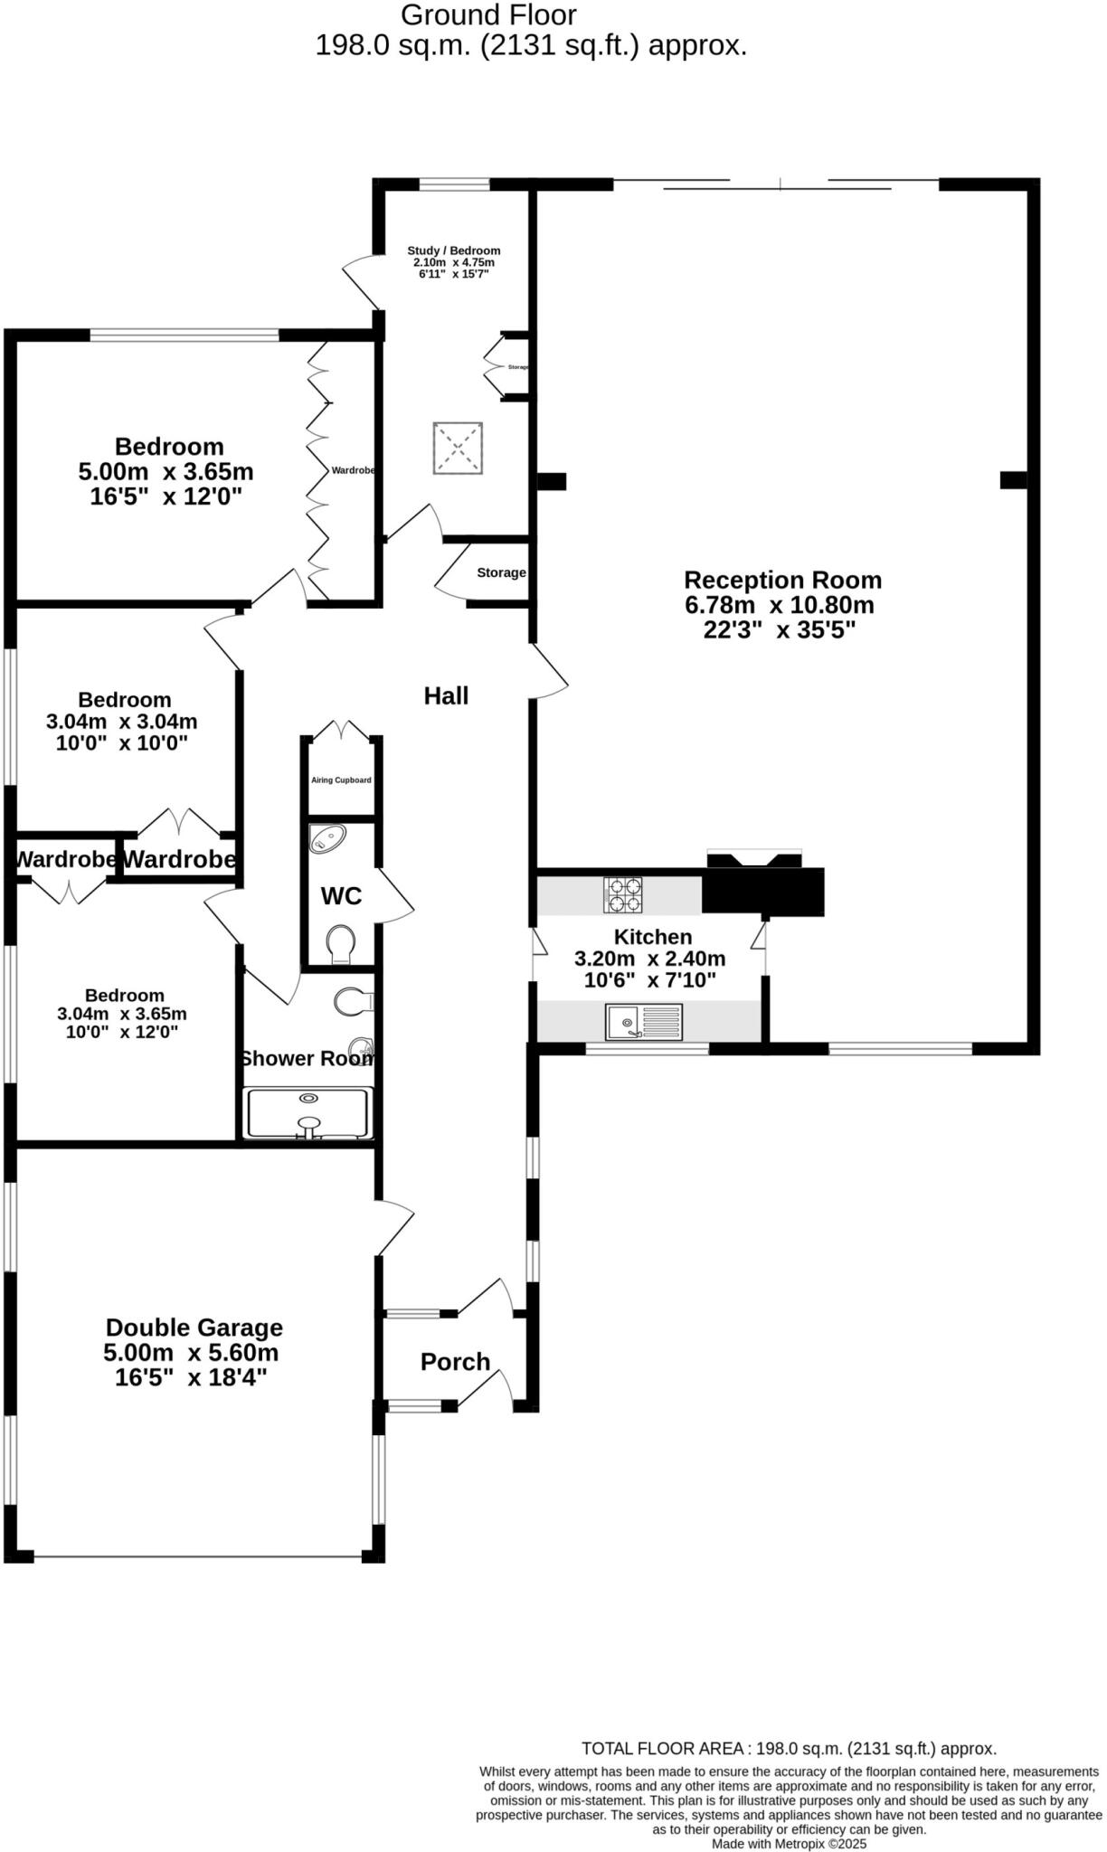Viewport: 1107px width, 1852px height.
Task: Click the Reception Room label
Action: pyautogui.click(x=782, y=580)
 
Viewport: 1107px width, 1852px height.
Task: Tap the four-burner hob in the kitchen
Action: pyautogui.click(x=623, y=894)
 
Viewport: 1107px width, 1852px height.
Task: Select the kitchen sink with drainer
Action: pyautogui.click(x=644, y=1023)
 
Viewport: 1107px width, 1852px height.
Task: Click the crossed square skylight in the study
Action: pyautogui.click(x=457, y=448)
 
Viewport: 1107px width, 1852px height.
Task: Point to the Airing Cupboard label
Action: pyautogui.click(x=341, y=780)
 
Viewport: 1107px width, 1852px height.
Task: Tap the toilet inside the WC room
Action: pyautogui.click(x=341, y=943)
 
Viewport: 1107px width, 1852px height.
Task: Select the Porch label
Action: pyautogui.click(x=455, y=1361)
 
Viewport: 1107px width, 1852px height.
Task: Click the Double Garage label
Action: pyautogui.click(x=194, y=1328)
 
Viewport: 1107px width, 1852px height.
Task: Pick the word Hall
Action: pyautogui.click(x=446, y=695)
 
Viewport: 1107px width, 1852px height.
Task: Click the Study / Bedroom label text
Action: pyautogui.click(x=453, y=250)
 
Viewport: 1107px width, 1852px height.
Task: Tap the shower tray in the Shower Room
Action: pyautogui.click(x=308, y=1112)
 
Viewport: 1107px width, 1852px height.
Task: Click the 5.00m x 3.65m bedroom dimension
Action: pyautogui.click(x=166, y=471)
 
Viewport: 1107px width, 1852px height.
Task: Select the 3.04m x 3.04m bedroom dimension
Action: pyautogui.click(x=121, y=722)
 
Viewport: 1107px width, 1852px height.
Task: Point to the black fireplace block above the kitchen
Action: pyautogui.click(x=763, y=891)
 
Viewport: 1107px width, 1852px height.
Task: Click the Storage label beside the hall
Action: pyautogui.click(x=501, y=572)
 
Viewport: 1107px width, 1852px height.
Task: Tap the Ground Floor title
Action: pyautogui.click(x=488, y=14)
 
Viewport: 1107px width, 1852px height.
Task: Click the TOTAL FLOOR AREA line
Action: pyautogui.click(x=788, y=1748)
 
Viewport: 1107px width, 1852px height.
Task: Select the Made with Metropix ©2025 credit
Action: pyautogui.click(x=789, y=1843)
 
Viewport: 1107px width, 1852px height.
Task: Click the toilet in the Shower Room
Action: pyautogui.click(x=352, y=1001)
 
